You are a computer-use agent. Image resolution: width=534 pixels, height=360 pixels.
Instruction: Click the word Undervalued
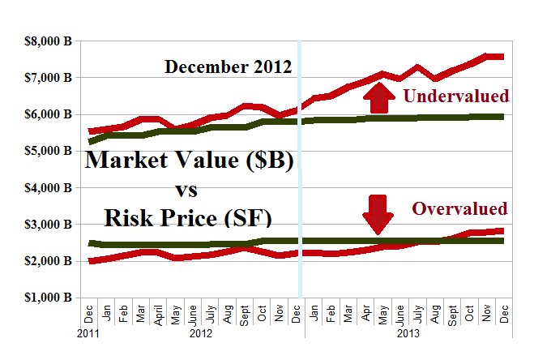tap(456, 96)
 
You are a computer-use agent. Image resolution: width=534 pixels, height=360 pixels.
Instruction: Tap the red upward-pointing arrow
tap(378, 97)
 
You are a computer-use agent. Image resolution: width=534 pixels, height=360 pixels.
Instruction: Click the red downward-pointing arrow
tap(378, 213)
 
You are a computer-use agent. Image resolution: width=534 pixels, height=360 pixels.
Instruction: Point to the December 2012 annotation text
tap(228, 66)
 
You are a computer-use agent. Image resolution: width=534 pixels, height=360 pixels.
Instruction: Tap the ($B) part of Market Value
tap(263, 161)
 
